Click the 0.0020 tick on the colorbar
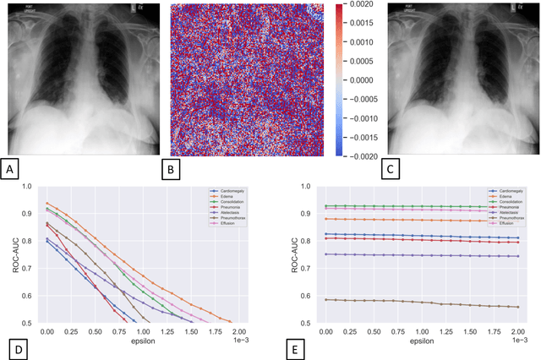click(x=352, y=7)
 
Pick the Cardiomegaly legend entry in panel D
click(x=224, y=192)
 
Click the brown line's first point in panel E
click(x=326, y=299)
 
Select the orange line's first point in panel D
click(x=47, y=203)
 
